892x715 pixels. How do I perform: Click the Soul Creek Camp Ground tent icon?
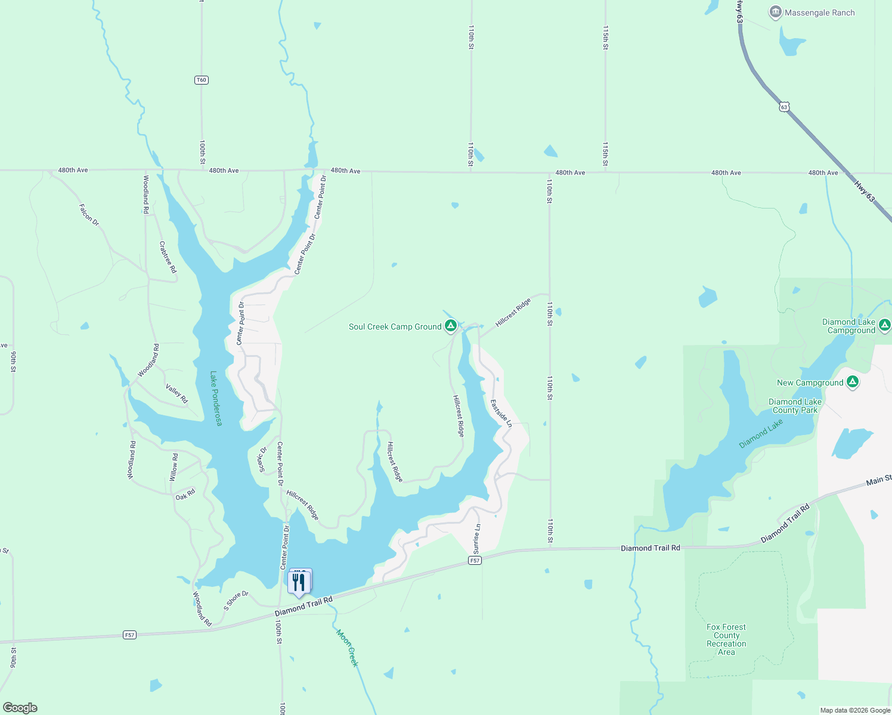451,326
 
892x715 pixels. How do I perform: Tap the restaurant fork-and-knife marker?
299,582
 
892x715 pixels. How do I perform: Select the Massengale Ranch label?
819,13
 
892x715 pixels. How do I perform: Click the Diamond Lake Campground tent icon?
885,325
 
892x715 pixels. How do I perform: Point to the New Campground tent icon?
853,382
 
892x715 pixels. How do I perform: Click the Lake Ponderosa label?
216,399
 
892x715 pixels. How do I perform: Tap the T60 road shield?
202,80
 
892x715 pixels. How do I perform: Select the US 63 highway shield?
784,107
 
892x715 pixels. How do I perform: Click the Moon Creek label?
348,648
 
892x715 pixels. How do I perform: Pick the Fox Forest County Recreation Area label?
726,639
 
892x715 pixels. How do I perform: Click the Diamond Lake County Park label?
795,406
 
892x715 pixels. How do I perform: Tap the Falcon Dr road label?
89,215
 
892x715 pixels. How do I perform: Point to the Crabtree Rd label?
168,257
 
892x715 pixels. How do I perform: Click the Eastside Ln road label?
501,413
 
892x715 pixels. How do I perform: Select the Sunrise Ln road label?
476,539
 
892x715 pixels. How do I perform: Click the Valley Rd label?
176,394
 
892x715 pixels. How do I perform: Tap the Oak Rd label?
185,495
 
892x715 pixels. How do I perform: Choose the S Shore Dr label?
236,600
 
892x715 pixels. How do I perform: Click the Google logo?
20,707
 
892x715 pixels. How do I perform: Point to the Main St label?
878,480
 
